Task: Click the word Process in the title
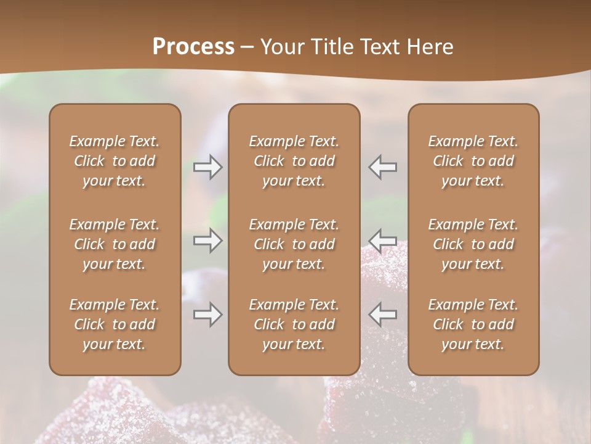pos(193,47)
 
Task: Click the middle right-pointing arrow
pos(207,240)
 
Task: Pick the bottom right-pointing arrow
pos(207,314)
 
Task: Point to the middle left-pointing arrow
pos(383,240)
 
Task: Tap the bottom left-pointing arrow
pos(383,314)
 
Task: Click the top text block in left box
pos(115,161)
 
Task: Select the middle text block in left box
pos(115,244)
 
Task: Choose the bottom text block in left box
pos(115,324)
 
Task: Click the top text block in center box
pos(294,161)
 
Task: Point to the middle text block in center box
pos(294,244)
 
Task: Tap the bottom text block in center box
pos(294,324)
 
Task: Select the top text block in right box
pos(473,161)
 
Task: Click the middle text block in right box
pos(473,244)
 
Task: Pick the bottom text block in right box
pos(473,324)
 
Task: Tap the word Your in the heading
pos(281,47)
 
